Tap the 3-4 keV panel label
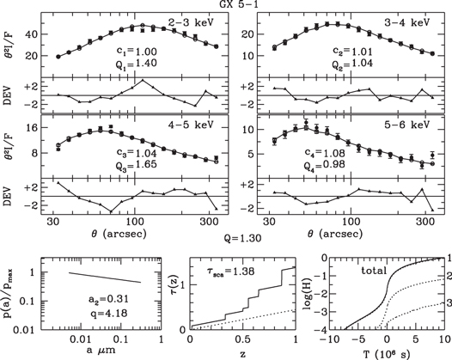click(405, 19)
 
